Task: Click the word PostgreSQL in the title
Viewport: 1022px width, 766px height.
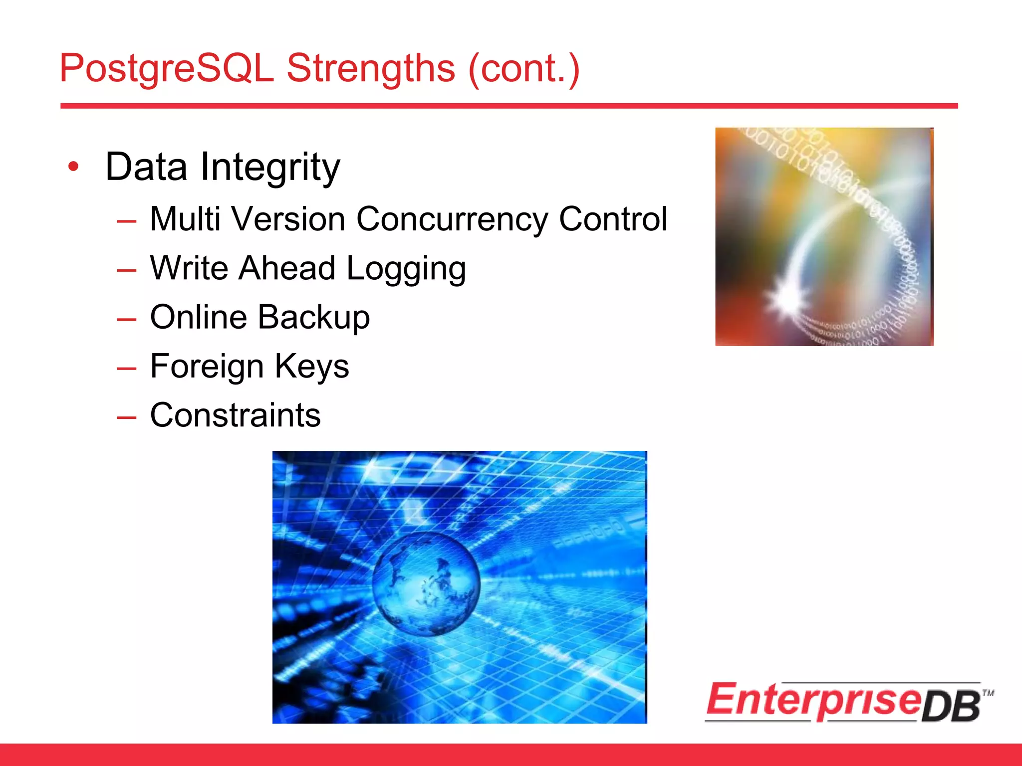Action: click(x=166, y=68)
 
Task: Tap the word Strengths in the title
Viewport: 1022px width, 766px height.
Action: click(x=370, y=68)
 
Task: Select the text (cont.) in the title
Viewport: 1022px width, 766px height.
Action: click(x=524, y=68)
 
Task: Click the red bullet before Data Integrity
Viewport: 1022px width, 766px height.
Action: click(x=73, y=167)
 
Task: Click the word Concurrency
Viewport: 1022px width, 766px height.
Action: click(x=452, y=219)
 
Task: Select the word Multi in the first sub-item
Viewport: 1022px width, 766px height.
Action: click(x=185, y=219)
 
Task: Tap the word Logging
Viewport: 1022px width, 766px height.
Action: click(x=406, y=268)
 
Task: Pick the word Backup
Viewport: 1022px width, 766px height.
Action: click(x=314, y=317)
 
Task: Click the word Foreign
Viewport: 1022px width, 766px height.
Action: click(x=207, y=366)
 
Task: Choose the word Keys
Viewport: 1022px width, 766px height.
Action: click(x=312, y=366)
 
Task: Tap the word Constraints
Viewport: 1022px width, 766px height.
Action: click(x=235, y=415)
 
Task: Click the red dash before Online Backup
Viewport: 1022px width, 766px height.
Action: click(x=127, y=319)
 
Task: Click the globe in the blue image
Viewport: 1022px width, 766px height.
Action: click(x=426, y=583)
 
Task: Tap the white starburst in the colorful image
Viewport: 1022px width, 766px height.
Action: click(x=787, y=298)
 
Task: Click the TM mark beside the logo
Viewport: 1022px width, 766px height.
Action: click(x=988, y=693)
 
